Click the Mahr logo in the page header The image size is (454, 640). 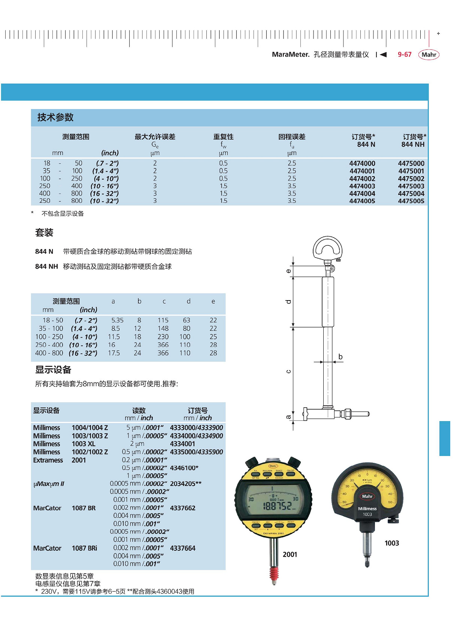pos(429,55)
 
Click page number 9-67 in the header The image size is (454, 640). pos(405,55)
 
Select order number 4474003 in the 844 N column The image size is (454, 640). pos(362,186)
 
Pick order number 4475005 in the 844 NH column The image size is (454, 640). pos(411,201)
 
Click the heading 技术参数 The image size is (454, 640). pos(55,118)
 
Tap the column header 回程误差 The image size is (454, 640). pos(292,137)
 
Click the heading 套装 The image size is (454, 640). pos(44,233)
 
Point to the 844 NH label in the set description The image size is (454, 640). pos(46,267)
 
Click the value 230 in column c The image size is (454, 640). pos(163,337)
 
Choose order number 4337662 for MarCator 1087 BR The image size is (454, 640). pos(182,508)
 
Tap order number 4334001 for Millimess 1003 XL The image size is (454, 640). pos(182,444)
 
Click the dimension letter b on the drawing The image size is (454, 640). pos(340,357)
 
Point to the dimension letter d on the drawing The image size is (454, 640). pos(288,302)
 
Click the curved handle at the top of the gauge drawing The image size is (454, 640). pos(327,247)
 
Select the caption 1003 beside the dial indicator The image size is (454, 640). pos(391,543)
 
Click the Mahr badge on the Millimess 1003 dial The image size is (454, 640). pos(367,496)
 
